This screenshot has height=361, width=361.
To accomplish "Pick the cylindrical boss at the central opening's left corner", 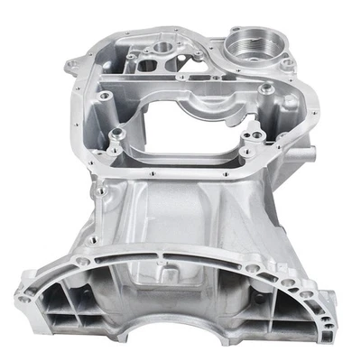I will click(x=116, y=138).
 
